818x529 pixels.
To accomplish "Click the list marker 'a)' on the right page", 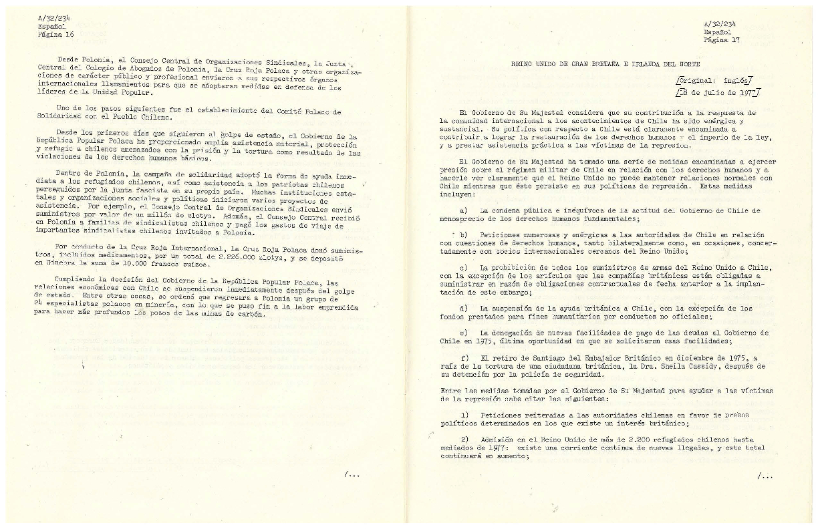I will pyautogui.click(x=464, y=211).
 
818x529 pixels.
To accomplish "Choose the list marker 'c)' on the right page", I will pyautogui.click(x=464, y=268).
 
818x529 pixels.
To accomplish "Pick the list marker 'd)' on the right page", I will pyautogui.click(x=464, y=308).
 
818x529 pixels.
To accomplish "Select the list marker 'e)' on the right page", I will pyautogui.click(x=464, y=332).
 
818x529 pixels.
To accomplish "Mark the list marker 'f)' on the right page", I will pyautogui.click(x=464, y=357).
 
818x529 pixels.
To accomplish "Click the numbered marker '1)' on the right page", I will pyautogui.click(x=464, y=415).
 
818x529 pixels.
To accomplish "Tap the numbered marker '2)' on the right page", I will pyautogui.click(x=464, y=439).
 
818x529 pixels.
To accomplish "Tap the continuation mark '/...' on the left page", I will pyautogui.click(x=352, y=474).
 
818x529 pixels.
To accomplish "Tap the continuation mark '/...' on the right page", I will pyautogui.click(x=765, y=476).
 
